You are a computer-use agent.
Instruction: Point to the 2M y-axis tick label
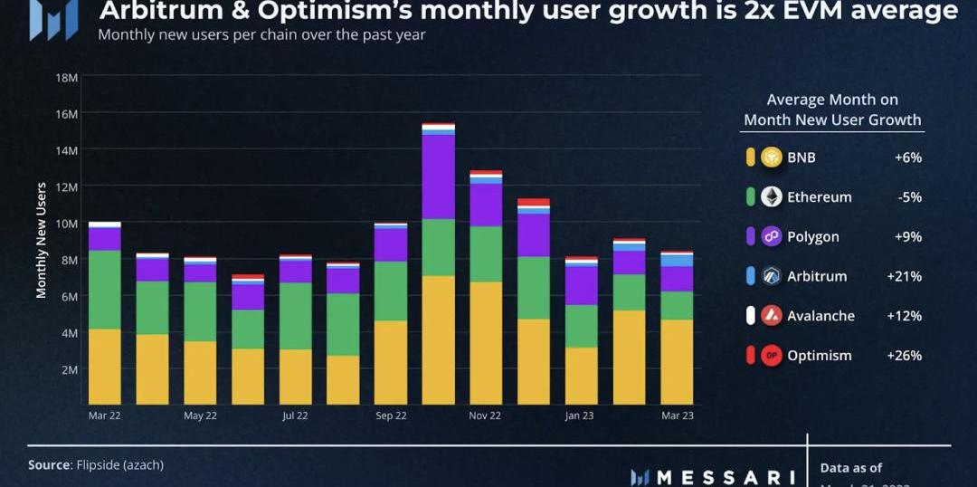pyautogui.click(x=69, y=369)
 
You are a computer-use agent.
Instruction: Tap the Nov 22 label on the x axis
pyautogui.click(x=485, y=415)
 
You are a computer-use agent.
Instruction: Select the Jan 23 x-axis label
pyautogui.click(x=580, y=415)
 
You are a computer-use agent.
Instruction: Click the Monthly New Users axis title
pyautogui.click(x=42, y=240)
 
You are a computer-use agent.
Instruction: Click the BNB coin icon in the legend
pyautogui.click(x=771, y=158)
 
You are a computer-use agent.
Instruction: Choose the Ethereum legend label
pyautogui.click(x=819, y=197)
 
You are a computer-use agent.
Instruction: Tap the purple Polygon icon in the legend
pyautogui.click(x=771, y=236)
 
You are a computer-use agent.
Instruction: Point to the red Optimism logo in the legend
pyautogui.click(x=771, y=356)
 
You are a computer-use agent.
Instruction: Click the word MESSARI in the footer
pyautogui.click(x=724, y=477)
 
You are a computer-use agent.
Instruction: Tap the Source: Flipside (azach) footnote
pyautogui.click(x=96, y=464)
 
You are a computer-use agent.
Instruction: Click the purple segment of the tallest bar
pyautogui.click(x=438, y=177)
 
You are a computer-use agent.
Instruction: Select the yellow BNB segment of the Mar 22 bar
pyautogui.click(x=105, y=366)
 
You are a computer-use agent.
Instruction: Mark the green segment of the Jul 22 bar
pyautogui.click(x=295, y=316)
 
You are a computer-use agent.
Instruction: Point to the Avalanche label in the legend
pyautogui.click(x=820, y=316)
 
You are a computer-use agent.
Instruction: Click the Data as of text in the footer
pyautogui.click(x=850, y=468)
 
